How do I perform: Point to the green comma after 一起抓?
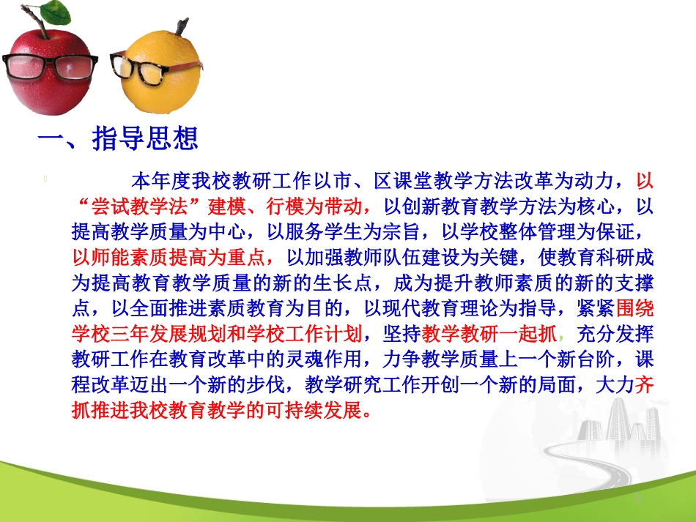point(561,337)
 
